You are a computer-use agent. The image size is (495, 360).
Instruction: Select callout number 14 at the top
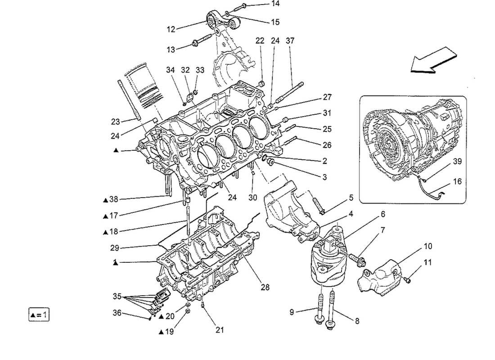tap(275, 4)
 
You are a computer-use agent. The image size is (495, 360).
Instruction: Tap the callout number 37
tap(290, 41)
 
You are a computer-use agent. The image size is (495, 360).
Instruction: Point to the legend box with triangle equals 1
tap(38, 314)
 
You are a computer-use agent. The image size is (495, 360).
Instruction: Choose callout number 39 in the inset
tap(457, 161)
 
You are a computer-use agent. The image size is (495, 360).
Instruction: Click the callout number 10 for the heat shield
tap(427, 246)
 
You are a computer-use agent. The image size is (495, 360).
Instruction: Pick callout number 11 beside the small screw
tap(428, 262)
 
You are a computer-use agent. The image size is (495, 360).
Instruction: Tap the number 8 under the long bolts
tap(357, 321)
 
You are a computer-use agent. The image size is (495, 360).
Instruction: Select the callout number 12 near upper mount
tap(171, 29)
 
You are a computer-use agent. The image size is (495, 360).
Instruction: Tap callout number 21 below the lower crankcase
tap(219, 330)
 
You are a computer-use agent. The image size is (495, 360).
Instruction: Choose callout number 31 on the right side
tap(326, 113)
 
